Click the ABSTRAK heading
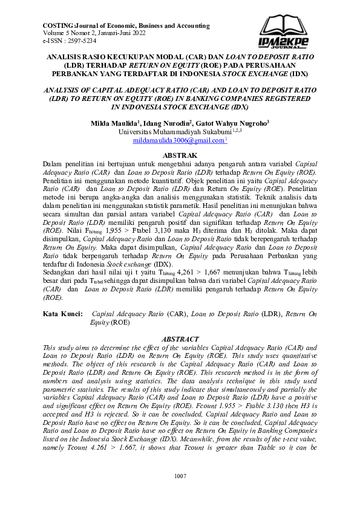(180, 155)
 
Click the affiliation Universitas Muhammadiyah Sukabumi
(175, 132)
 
